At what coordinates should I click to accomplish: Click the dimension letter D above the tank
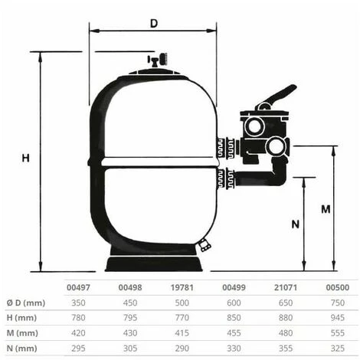point(154,23)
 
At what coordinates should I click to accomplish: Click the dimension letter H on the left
point(25,159)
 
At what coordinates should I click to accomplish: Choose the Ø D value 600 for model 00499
point(233,303)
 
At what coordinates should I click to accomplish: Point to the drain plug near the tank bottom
point(203,246)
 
